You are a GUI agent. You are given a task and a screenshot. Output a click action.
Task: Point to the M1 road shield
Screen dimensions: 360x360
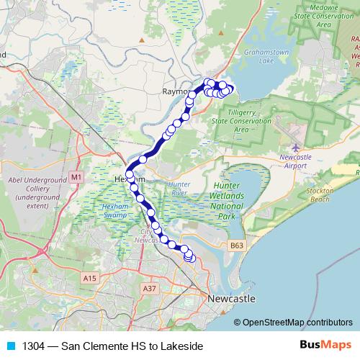[x=77, y=176]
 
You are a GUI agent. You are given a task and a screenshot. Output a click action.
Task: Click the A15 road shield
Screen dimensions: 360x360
[x=89, y=278]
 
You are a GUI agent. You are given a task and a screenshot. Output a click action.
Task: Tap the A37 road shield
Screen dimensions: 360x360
[x=150, y=288]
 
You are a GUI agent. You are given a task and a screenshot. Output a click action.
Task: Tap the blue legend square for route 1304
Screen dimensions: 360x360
[x=9, y=346]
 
